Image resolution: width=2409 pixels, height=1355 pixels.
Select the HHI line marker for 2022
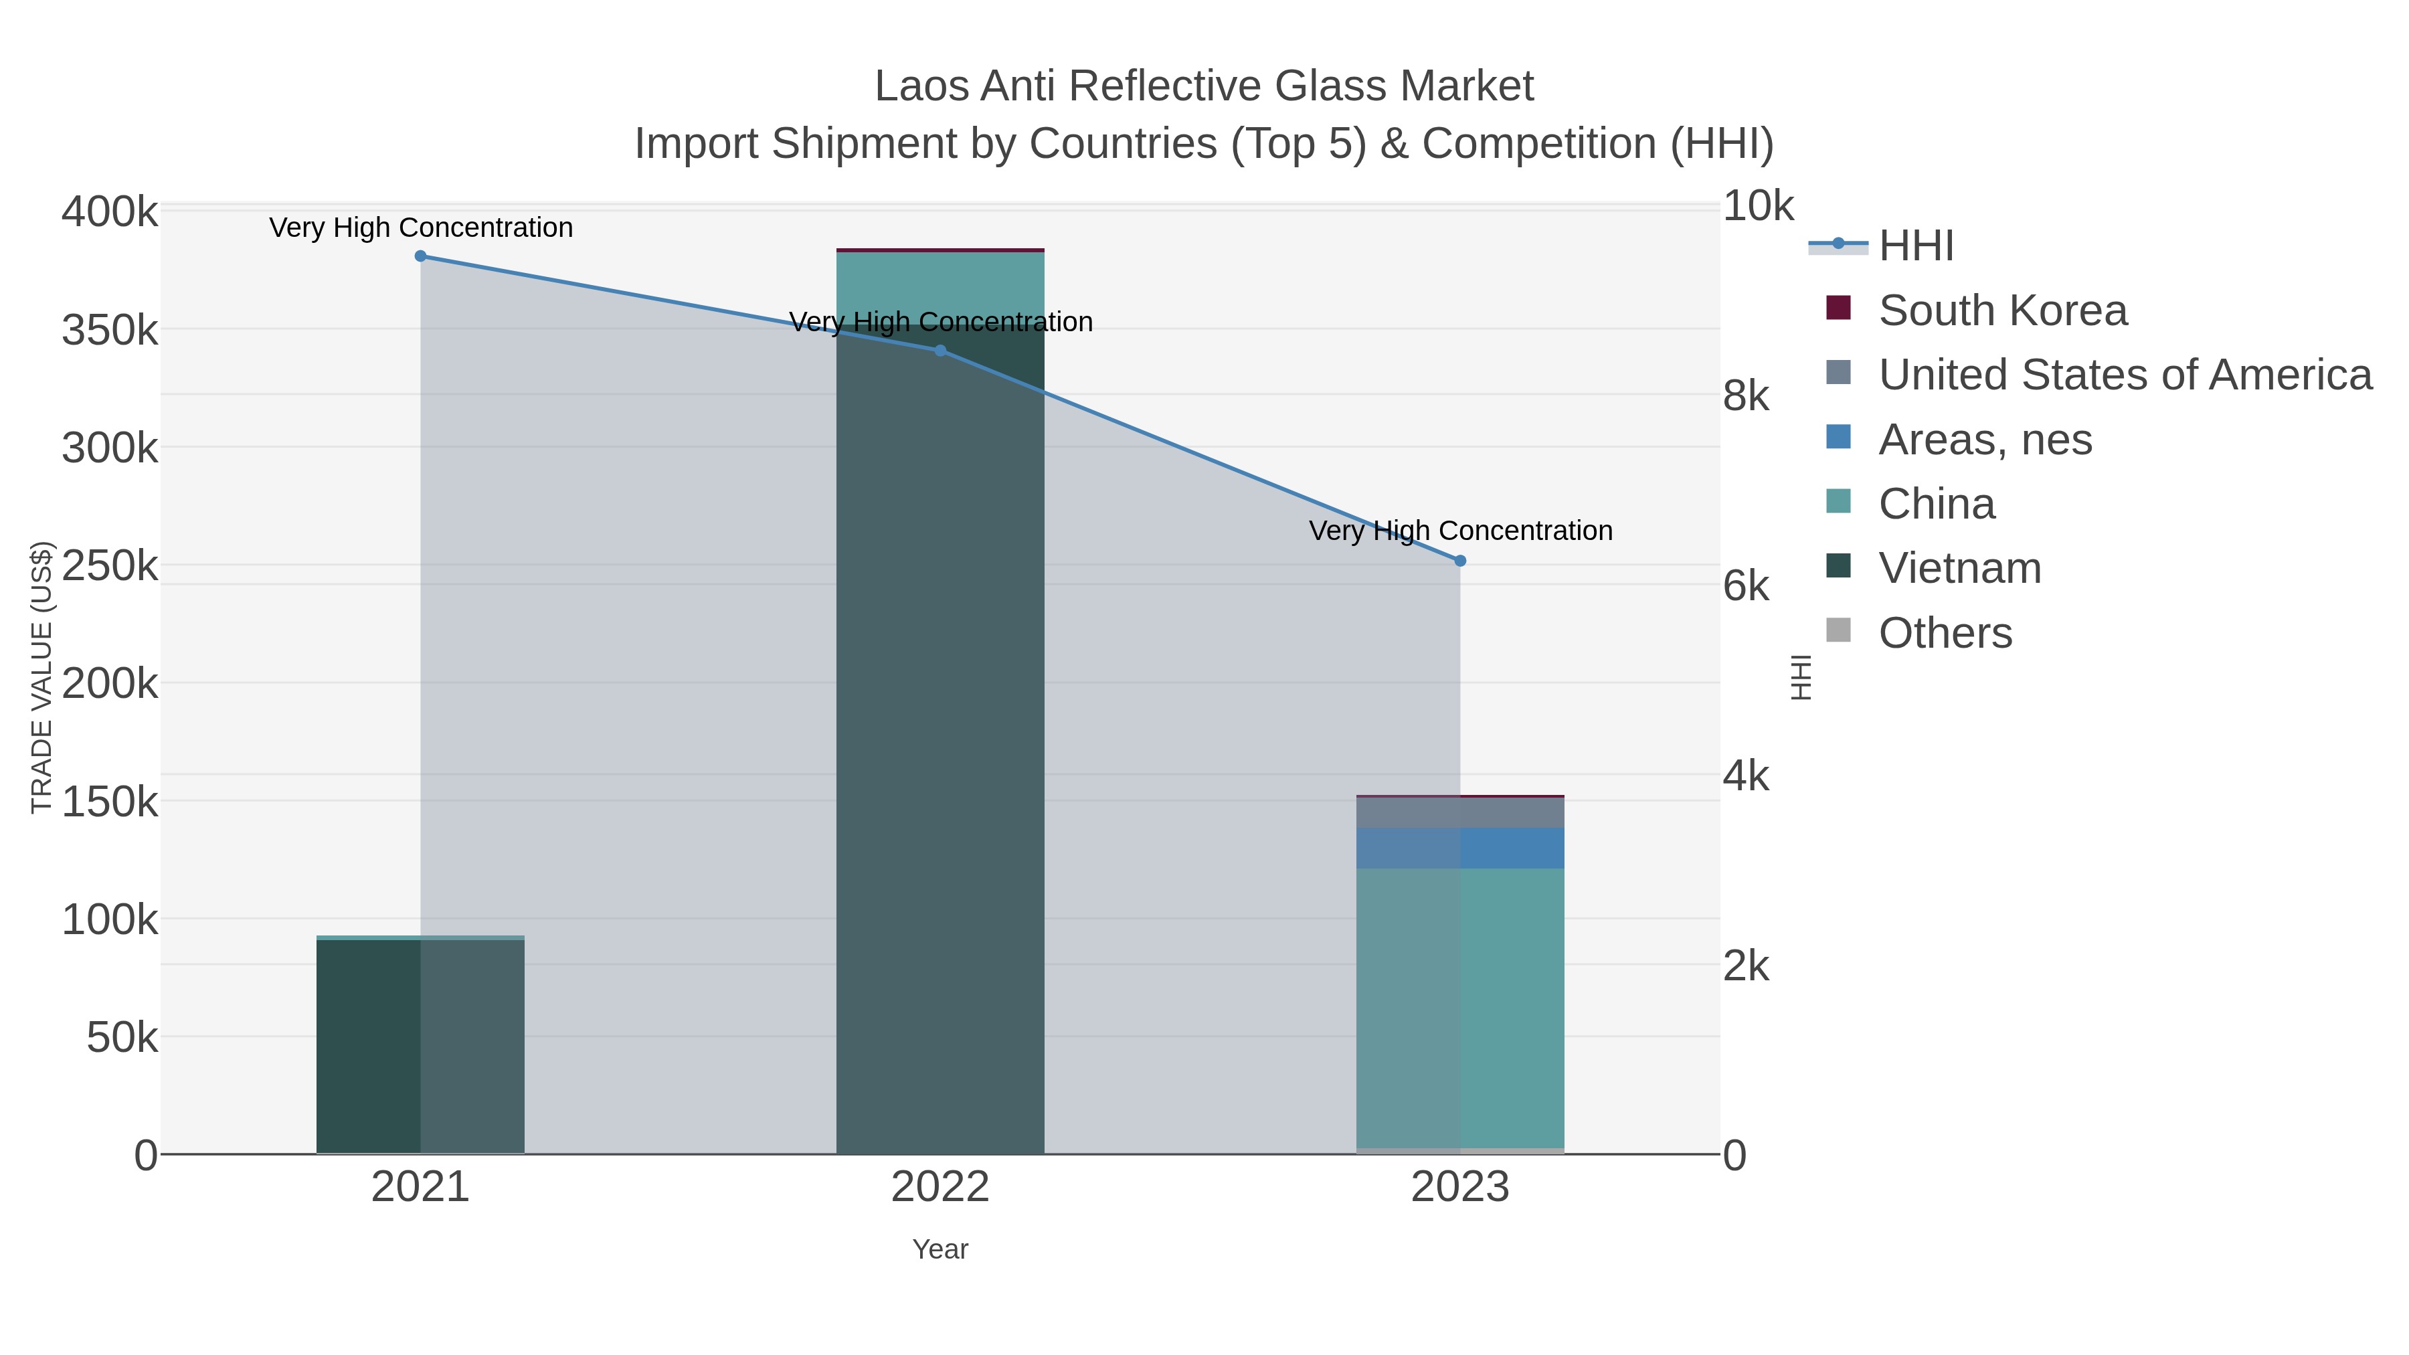tap(940, 351)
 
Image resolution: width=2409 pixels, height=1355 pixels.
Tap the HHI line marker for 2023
tap(1460, 561)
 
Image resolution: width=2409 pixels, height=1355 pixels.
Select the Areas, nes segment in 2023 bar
tap(1460, 848)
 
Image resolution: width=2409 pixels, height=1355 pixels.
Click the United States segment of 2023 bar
tap(1460, 812)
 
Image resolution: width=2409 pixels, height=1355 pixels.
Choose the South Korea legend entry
tap(2001, 310)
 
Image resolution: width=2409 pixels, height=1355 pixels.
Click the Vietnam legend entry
tap(1959, 569)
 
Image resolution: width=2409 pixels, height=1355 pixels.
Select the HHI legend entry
tap(1915, 246)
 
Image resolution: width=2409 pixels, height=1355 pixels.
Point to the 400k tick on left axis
tap(110, 212)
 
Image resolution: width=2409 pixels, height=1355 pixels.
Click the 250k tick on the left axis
tap(110, 565)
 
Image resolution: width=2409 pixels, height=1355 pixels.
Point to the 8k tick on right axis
tap(1746, 397)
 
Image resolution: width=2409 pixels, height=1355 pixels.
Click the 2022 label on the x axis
tap(940, 1188)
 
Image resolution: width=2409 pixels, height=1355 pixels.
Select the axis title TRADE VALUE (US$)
tap(42, 677)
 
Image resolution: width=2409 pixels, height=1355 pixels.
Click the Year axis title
tap(940, 1249)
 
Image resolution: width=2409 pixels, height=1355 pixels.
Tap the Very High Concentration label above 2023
tap(1460, 531)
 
